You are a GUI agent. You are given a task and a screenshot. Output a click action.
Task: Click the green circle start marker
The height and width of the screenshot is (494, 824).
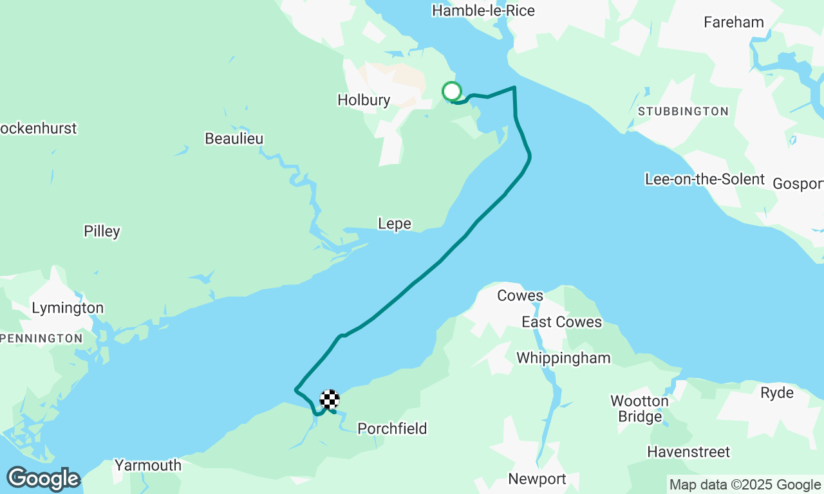(452, 91)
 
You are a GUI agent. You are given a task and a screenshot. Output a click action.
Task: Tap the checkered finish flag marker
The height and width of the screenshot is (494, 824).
(330, 399)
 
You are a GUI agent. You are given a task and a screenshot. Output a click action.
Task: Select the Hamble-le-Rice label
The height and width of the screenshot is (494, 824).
(483, 11)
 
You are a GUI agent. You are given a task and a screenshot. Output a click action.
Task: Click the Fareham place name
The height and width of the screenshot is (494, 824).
(733, 23)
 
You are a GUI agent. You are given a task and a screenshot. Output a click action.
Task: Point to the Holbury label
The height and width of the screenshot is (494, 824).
(364, 100)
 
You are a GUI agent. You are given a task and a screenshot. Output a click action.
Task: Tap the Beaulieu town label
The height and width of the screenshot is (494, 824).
(234, 139)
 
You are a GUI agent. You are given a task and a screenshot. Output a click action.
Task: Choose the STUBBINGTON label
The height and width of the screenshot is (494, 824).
(683, 112)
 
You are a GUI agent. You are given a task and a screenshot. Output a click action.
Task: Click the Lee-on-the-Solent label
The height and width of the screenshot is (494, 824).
(704, 179)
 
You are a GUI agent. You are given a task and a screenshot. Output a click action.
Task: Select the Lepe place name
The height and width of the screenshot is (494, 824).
(394, 224)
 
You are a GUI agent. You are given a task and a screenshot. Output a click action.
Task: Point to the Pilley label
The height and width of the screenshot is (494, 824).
(102, 232)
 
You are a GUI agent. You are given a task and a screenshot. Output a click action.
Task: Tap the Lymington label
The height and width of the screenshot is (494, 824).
(68, 308)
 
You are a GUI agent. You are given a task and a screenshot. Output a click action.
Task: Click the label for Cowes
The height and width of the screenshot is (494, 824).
(520, 296)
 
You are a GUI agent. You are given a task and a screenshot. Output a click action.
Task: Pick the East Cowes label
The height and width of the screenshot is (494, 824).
(561, 322)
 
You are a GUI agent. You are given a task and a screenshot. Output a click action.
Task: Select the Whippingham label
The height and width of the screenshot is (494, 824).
(563, 358)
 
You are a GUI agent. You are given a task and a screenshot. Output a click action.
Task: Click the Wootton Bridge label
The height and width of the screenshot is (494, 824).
(639, 408)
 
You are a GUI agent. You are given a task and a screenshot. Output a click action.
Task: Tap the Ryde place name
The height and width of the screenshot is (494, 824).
(777, 393)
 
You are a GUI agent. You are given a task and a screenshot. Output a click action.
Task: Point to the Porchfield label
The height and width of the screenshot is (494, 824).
(392, 428)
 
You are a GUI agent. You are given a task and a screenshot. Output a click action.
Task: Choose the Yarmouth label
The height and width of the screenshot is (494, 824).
(147, 465)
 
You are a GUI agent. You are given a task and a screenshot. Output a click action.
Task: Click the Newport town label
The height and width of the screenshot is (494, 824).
(537, 479)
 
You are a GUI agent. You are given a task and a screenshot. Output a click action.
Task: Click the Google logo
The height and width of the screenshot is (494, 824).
(44, 479)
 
